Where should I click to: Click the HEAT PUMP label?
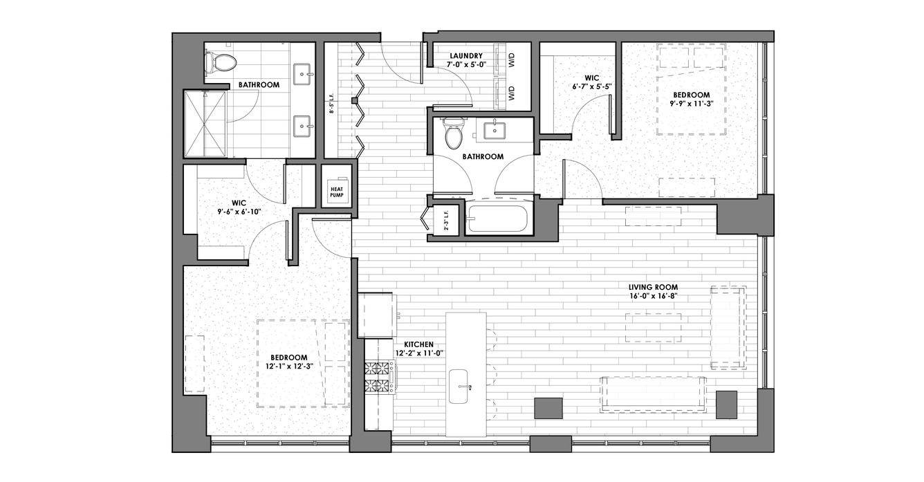pyautogui.click(x=337, y=192)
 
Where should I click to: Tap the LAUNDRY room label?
pyautogui.click(x=466, y=55)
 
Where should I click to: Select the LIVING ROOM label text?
pyautogui.click(x=653, y=287)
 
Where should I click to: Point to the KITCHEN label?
pyautogui.click(x=418, y=344)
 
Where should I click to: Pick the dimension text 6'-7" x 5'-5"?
pyautogui.click(x=591, y=86)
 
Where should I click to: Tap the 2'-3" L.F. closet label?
pyautogui.click(x=446, y=222)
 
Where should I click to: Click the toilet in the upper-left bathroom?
pyautogui.click(x=221, y=62)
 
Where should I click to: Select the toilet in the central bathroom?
pyautogui.click(x=453, y=133)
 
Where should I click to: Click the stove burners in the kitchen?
pyautogui.click(x=378, y=378)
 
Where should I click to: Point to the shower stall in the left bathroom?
pyautogui.click(x=205, y=124)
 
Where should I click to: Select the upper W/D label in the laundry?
pyautogui.click(x=512, y=62)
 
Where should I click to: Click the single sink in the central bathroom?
pyautogui.click(x=493, y=131)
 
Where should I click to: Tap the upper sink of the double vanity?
pyautogui.click(x=302, y=74)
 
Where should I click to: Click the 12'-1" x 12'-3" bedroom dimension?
pyautogui.click(x=290, y=365)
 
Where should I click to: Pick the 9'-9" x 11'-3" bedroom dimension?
pyautogui.click(x=692, y=104)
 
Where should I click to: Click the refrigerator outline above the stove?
pyautogui.click(x=377, y=316)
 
